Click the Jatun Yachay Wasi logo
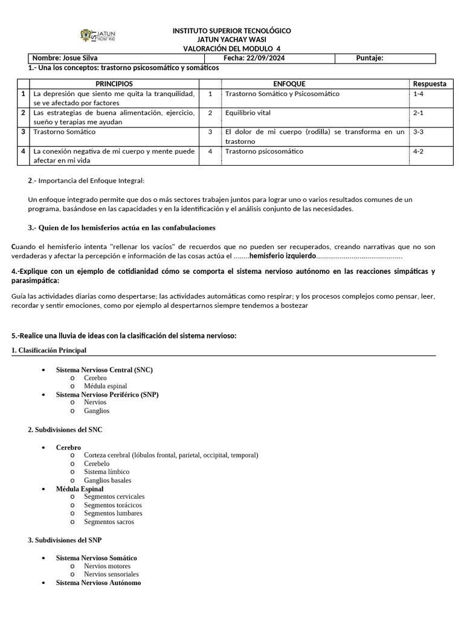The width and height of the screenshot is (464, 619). click(98, 36)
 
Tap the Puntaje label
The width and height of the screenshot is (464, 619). click(370, 58)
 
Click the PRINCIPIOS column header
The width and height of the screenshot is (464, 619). click(114, 83)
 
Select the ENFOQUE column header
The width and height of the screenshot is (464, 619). click(289, 83)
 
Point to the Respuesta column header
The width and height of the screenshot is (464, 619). click(430, 83)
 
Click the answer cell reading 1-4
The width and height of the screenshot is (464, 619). click(419, 94)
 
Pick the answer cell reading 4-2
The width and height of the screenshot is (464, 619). click(419, 151)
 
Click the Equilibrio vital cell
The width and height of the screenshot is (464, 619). click(248, 112)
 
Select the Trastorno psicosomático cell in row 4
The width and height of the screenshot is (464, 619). click(264, 151)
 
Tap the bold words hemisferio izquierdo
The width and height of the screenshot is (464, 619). click(282, 256)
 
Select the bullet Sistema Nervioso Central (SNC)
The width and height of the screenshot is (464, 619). click(105, 369)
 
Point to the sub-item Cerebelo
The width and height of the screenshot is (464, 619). click(97, 463)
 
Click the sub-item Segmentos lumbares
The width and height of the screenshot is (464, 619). click(113, 513)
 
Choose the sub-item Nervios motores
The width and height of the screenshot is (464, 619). click(107, 566)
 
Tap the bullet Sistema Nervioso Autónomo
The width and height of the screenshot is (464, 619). click(98, 583)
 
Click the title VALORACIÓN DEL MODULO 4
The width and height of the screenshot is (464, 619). click(231, 48)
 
